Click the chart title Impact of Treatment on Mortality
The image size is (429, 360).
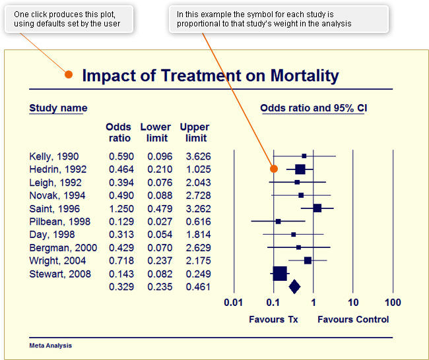210,75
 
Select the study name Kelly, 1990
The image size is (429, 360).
54,156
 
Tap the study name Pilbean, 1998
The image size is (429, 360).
60,222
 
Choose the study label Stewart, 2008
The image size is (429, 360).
60,274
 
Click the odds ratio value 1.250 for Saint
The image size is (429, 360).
121,208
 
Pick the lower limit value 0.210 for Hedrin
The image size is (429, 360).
160,169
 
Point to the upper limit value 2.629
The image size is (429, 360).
196,248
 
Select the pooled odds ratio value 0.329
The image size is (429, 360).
121,287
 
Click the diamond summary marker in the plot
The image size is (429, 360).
294,286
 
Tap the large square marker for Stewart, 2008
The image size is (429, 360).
280,273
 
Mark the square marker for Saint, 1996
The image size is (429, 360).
317,208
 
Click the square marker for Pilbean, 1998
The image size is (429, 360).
278,222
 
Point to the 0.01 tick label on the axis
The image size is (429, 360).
234,303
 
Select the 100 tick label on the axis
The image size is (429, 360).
393,303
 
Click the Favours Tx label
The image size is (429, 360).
273,320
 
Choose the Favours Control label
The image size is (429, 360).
353,320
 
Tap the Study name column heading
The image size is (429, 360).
58,108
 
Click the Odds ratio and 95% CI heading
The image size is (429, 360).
313,108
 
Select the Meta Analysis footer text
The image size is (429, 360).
51,345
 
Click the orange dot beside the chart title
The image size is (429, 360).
69,74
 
